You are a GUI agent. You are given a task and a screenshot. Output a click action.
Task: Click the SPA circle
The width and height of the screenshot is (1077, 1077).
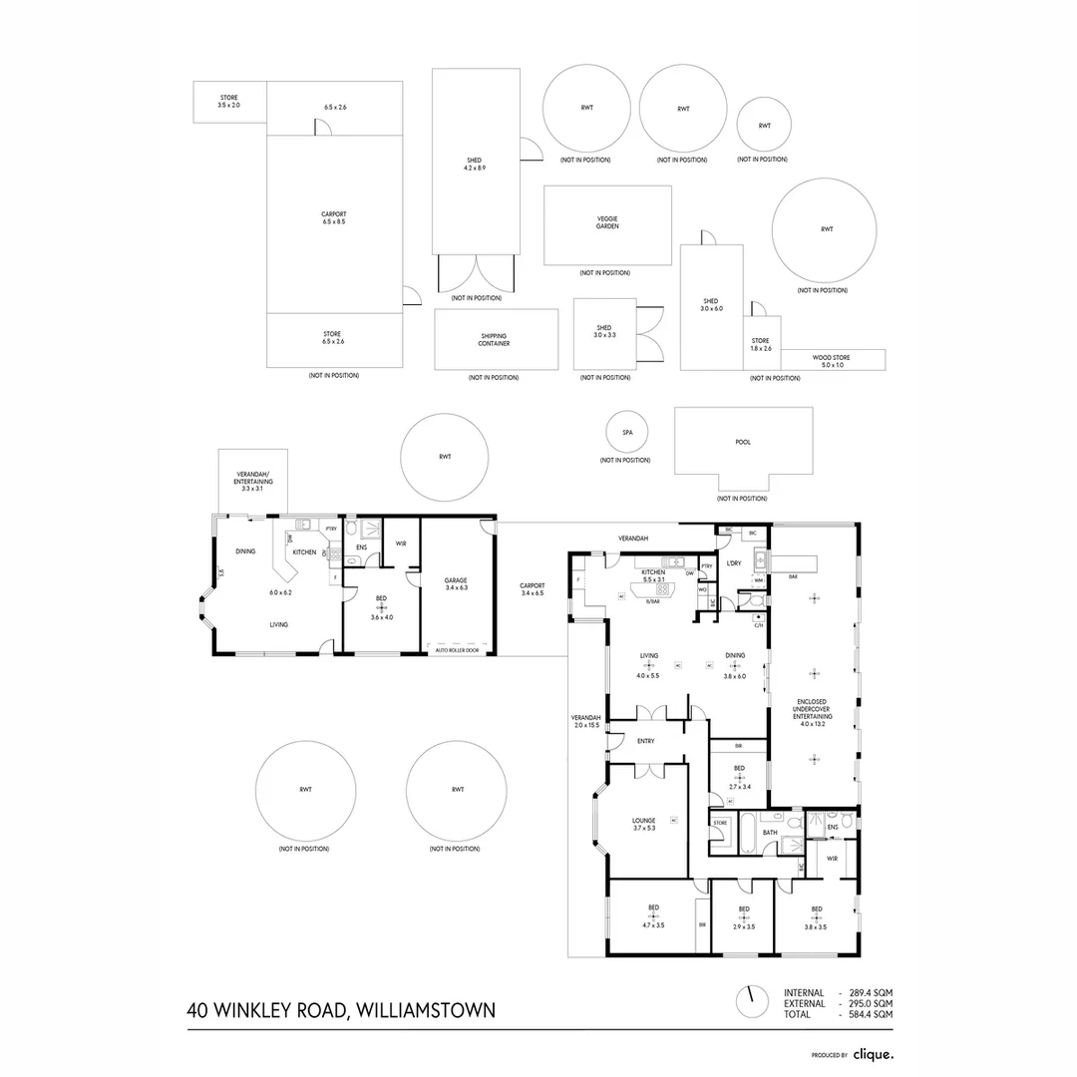click(628, 433)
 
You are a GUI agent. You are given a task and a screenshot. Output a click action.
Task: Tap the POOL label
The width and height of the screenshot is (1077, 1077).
click(743, 442)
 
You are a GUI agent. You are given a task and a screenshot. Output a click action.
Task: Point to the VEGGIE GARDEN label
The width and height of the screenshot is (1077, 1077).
click(607, 223)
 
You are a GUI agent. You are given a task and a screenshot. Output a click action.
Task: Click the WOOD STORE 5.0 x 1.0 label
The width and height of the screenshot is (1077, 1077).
click(833, 361)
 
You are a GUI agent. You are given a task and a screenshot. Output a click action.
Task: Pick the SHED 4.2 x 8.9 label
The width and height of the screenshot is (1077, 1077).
click(474, 165)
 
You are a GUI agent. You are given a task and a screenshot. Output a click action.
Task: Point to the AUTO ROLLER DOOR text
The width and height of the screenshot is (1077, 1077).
click(457, 650)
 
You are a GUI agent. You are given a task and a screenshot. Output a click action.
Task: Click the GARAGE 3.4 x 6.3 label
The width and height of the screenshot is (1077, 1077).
click(456, 583)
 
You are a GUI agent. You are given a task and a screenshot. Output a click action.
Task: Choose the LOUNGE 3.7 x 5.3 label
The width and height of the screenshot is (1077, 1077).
click(643, 824)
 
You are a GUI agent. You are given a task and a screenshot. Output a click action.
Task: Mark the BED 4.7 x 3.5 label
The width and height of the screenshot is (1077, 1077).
click(653, 916)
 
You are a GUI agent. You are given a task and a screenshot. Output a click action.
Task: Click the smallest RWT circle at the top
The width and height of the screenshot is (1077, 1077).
click(764, 126)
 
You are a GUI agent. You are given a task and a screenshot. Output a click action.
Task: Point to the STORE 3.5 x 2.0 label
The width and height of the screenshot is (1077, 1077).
click(228, 101)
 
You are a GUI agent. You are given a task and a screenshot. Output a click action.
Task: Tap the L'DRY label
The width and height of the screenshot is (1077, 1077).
click(735, 563)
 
